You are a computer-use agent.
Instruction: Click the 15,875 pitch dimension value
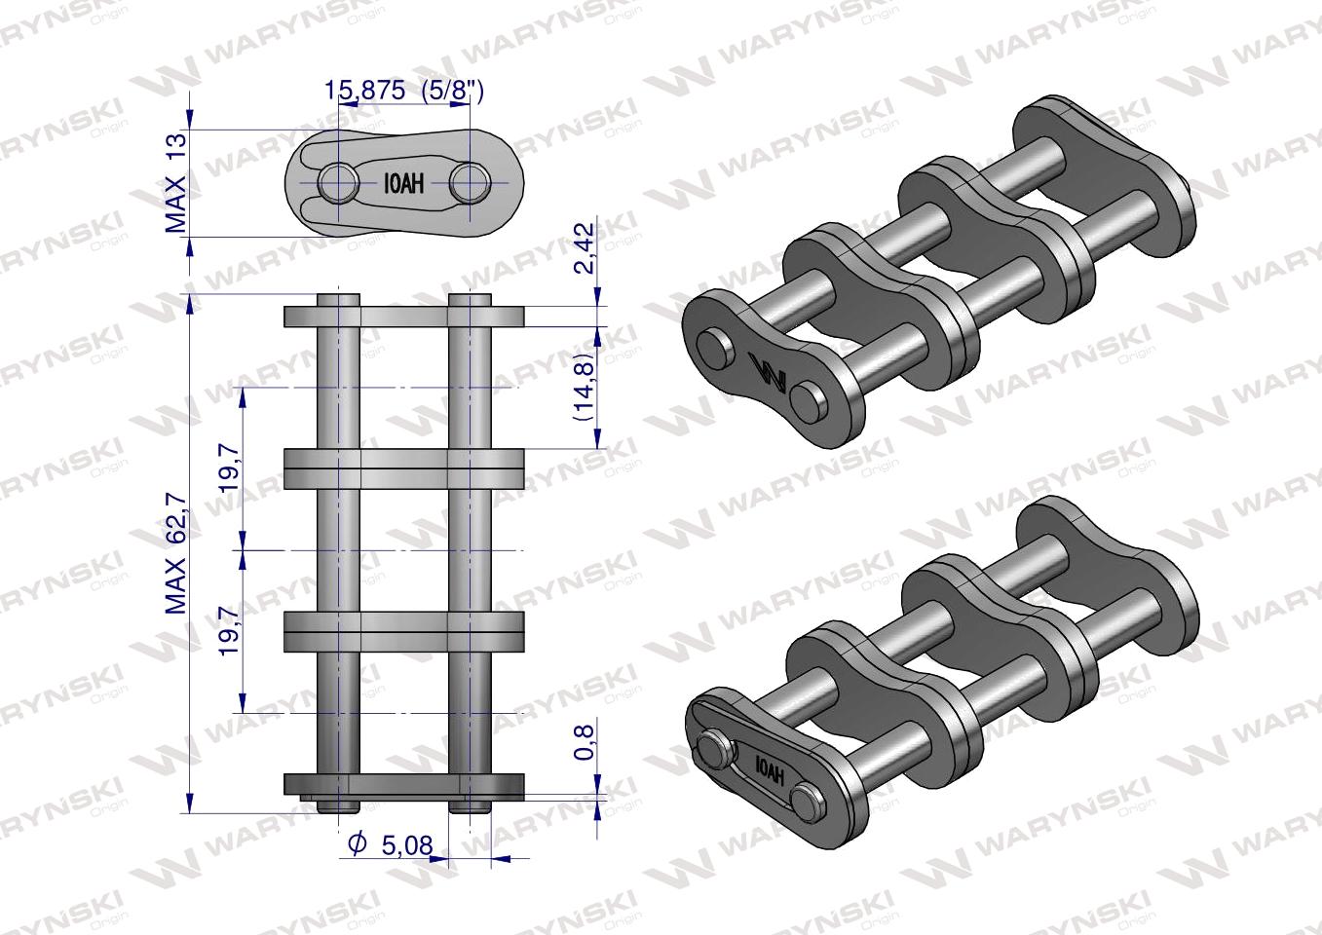pyautogui.click(x=365, y=91)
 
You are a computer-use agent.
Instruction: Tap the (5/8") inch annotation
pyautogui.click(x=453, y=91)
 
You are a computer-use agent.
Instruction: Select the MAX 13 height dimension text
pyautogui.click(x=175, y=182)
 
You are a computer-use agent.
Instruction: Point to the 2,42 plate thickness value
pyautogui.click(x=584, y=247)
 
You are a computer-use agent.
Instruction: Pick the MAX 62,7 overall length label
pyautogui.click(x=175, y=553)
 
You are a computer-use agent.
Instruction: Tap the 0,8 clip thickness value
pyautogui.click(x=584, y=742)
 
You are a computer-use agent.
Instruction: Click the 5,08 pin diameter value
pyautogui.click(x=407, y=845)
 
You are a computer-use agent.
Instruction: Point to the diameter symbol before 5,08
pyautogui.click(x=358, y=844)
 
